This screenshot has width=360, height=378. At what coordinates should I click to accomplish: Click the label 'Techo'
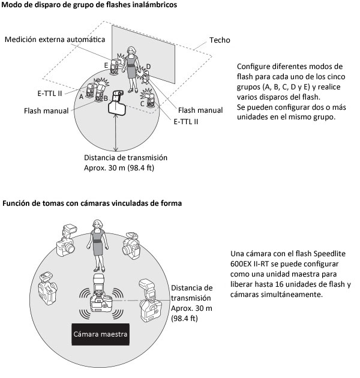pyautogui.click(x=220, y=40)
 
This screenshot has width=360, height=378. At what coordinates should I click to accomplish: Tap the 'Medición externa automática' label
pyautogui.click(x=55, y=40)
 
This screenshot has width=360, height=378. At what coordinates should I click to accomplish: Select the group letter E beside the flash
pyautogui.click(x=106, y=65)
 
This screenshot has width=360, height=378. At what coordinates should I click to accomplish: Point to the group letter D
pyautogui.click(x=148, y=67)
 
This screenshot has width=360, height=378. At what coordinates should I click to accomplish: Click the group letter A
pyautogui.click(x=81, y=97)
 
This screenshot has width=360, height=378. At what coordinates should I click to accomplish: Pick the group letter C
pyautogui.click(x=142, y=104)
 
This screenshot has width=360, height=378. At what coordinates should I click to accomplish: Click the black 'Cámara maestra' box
pyautogui.click(x=100, y=334)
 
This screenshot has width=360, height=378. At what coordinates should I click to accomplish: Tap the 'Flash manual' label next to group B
pyautogui.click(x=46, y=111)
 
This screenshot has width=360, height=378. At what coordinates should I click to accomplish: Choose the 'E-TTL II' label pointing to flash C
pyautogui.click(x=185, y=122)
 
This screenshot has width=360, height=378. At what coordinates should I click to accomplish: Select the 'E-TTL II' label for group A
pyautogui.click(x=50, y=94)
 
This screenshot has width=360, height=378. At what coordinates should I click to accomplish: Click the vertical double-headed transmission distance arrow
pyautogui.click(x=116, y=133)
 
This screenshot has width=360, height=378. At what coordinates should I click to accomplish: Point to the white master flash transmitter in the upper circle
pyautogui.click(x=117, y=103)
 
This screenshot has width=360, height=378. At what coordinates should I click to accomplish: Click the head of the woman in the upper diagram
pyautogui.click(x=131, y=51)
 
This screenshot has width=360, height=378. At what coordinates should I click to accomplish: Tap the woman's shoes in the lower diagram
pyautogui.click(x=100, y=269)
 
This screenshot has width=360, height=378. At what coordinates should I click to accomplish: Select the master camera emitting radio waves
pyautogui.click(x=101, y=296)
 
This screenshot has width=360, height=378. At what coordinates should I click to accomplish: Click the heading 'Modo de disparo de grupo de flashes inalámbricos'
pyautogui.click(x=89, y=5)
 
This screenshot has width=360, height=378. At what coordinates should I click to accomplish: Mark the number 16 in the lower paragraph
pyautogui.click(x=279, y=284)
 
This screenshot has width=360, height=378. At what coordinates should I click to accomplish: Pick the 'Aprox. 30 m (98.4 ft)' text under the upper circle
pyautogui.click(x=119, y=168)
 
